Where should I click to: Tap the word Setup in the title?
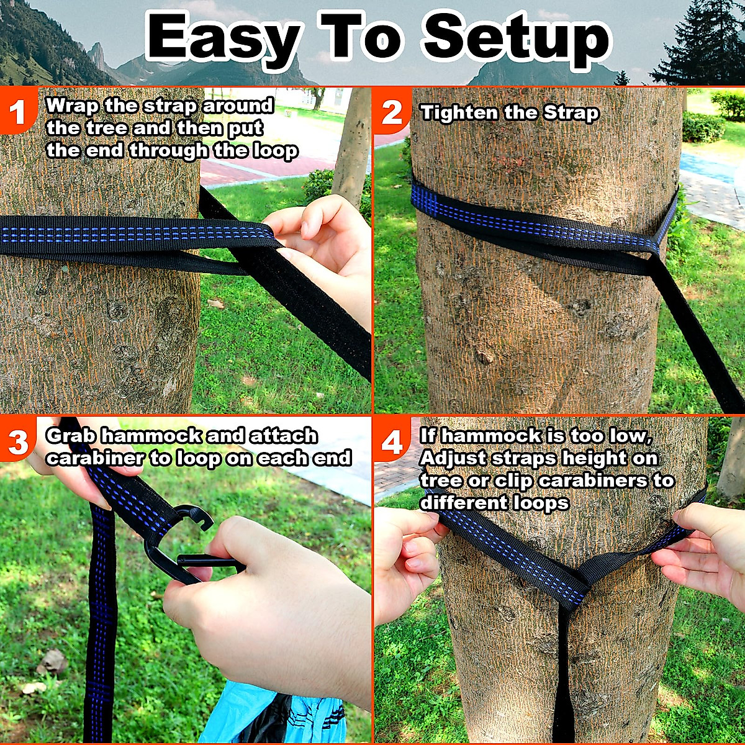click(518, 38)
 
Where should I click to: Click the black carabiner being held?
click(180, 546)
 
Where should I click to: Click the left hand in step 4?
click(404, 559)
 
